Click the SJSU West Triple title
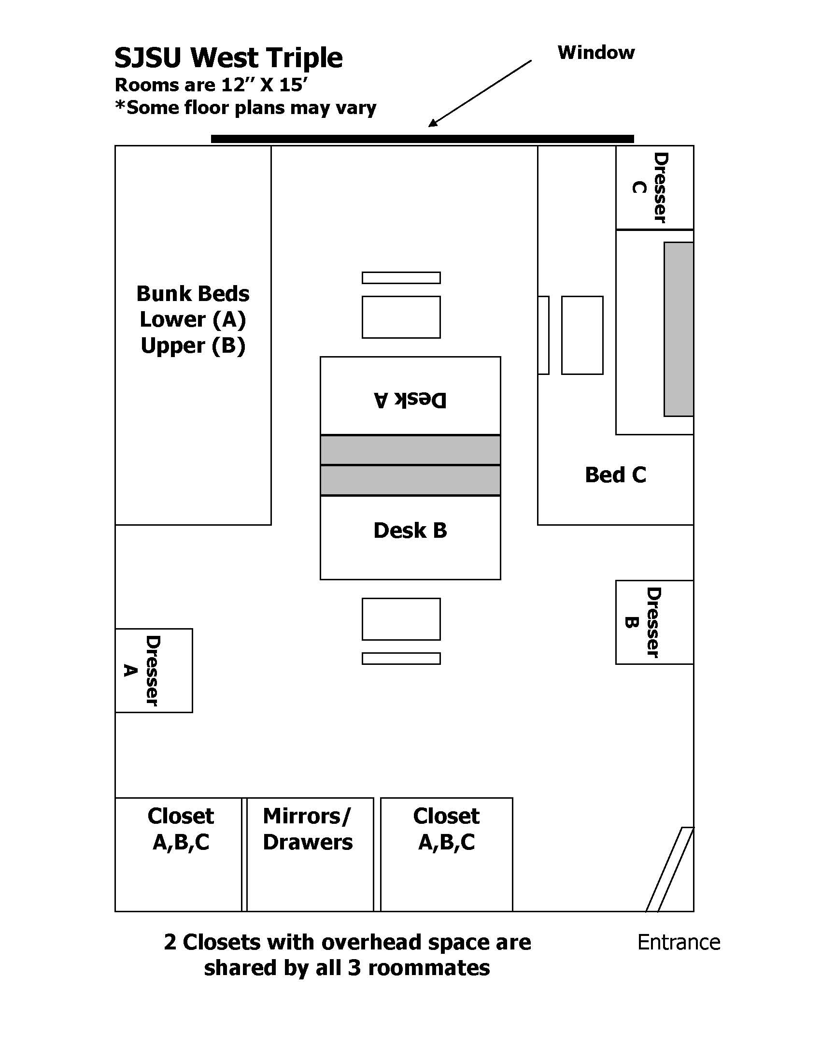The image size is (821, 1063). (228, 58)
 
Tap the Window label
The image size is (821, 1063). (595, 53)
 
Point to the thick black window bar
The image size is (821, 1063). (422, 139)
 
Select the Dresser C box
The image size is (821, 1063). (654, 187)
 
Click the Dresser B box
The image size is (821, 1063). (654, 622)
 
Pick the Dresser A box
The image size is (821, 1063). (154, 670)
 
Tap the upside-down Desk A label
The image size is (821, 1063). (410, 400)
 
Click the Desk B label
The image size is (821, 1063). (410, 531)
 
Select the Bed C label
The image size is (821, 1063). (615, 475)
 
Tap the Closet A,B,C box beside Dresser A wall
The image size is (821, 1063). (179, 854)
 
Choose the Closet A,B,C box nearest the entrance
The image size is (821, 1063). (446, 854)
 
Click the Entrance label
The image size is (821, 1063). (678, 942)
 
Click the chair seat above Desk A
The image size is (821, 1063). (401, 317)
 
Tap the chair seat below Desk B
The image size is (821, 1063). (401, 618)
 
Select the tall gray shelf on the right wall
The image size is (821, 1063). (679, 329)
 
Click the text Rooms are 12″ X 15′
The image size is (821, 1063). (211, 85)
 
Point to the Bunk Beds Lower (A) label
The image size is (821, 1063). (193, 319)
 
